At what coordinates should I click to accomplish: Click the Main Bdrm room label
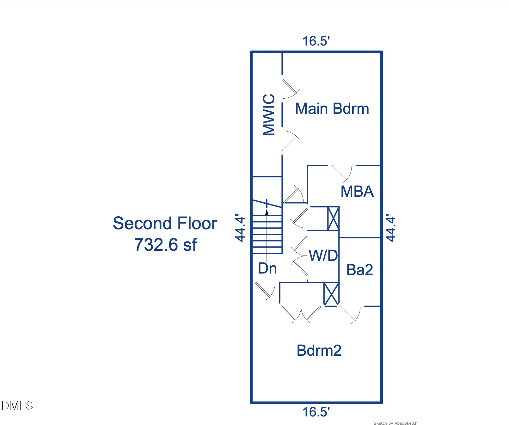pos(332,109)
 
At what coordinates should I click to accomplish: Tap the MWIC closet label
pos(269,115)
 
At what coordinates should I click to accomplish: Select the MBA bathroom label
pos(357,192)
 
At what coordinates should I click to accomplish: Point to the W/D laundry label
pos(323,256)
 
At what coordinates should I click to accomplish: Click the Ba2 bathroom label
pos(359,270)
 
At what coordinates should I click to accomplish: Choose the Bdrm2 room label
pos(319,351)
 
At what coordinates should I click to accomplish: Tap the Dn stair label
pos(267,268)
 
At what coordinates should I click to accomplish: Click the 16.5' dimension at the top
pos(316,41)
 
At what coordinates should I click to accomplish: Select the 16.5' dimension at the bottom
pos(316,412)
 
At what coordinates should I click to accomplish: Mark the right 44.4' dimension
pos(391,229)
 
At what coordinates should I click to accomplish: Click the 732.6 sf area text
pos(165,245)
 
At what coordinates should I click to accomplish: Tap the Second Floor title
pos(165,223)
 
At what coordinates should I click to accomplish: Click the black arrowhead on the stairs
pos(267,212)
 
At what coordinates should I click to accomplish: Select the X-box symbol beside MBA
pos(333,219)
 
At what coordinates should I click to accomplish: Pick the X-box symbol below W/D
pos(331,294)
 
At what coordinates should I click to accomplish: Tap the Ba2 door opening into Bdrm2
pos(350,314)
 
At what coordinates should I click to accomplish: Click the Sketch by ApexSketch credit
pos(395,423)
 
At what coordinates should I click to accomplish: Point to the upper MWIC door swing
pos(290,88)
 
